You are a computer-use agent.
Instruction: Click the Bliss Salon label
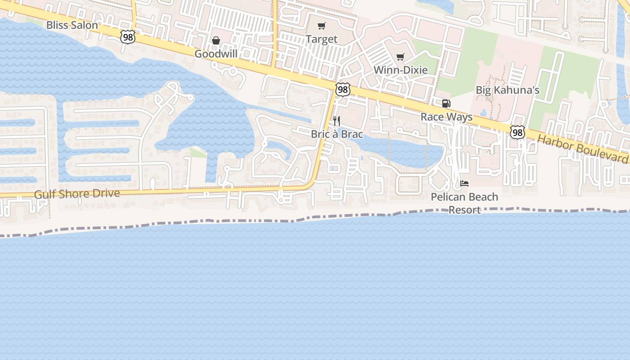coord(72,25)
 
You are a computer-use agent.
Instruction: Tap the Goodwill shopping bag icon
coord(216,40)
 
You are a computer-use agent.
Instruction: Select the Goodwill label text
coord(216,54)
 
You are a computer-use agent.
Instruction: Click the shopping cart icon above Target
coord(321,26)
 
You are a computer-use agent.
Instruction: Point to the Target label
coord(321,39)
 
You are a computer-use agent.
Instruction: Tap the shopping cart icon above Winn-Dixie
coord(400,57)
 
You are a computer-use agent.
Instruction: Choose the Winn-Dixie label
coord(400,70)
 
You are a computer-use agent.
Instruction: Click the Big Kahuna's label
coord(508,90)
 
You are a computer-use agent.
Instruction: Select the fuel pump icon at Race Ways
coord(446,103)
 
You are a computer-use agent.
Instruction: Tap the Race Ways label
coord(446,117)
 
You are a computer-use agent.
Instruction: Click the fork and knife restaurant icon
coord(337,121)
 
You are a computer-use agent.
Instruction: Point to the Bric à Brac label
coord(337,134)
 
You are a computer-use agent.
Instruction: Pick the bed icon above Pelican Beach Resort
coord(464,183)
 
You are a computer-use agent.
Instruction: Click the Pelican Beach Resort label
coord(464,203)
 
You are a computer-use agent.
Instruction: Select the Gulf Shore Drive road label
coord(77,194)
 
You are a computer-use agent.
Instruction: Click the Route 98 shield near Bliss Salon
coord(128,37)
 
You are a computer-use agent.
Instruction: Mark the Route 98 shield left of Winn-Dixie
coord(343,90)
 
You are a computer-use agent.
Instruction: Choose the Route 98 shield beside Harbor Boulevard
coord(517,132)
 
